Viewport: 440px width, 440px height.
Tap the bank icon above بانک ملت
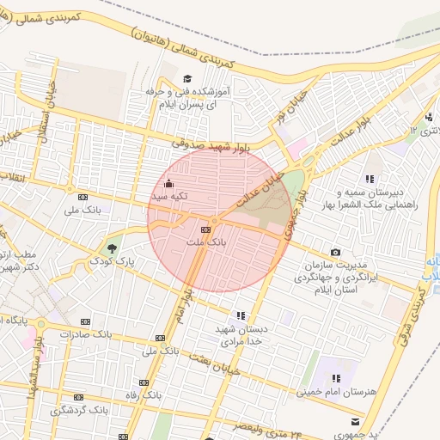point(205,230)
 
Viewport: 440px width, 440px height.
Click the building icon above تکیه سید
point(168,183)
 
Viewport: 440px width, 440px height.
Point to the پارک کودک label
point(114,260)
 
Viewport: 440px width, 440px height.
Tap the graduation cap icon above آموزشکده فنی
point(185,79)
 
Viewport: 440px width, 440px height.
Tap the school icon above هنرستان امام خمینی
point(336,378)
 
